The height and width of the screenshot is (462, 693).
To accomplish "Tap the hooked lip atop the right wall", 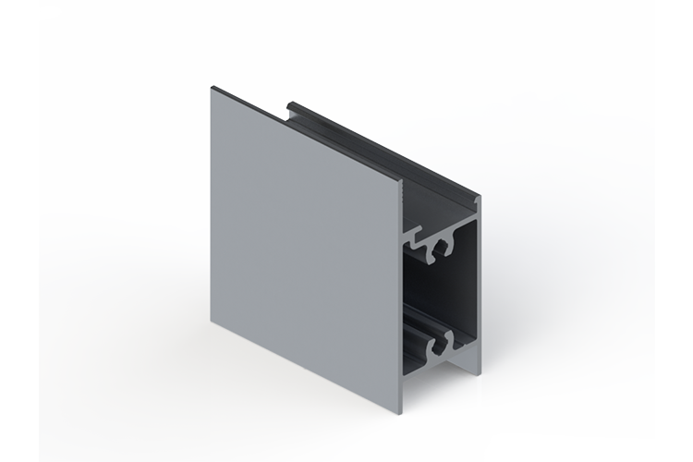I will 477,198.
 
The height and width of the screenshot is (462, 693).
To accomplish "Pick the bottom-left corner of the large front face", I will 212,325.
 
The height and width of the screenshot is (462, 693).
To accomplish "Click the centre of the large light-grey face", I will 305,249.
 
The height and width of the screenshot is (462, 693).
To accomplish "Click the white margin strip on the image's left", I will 18,231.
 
